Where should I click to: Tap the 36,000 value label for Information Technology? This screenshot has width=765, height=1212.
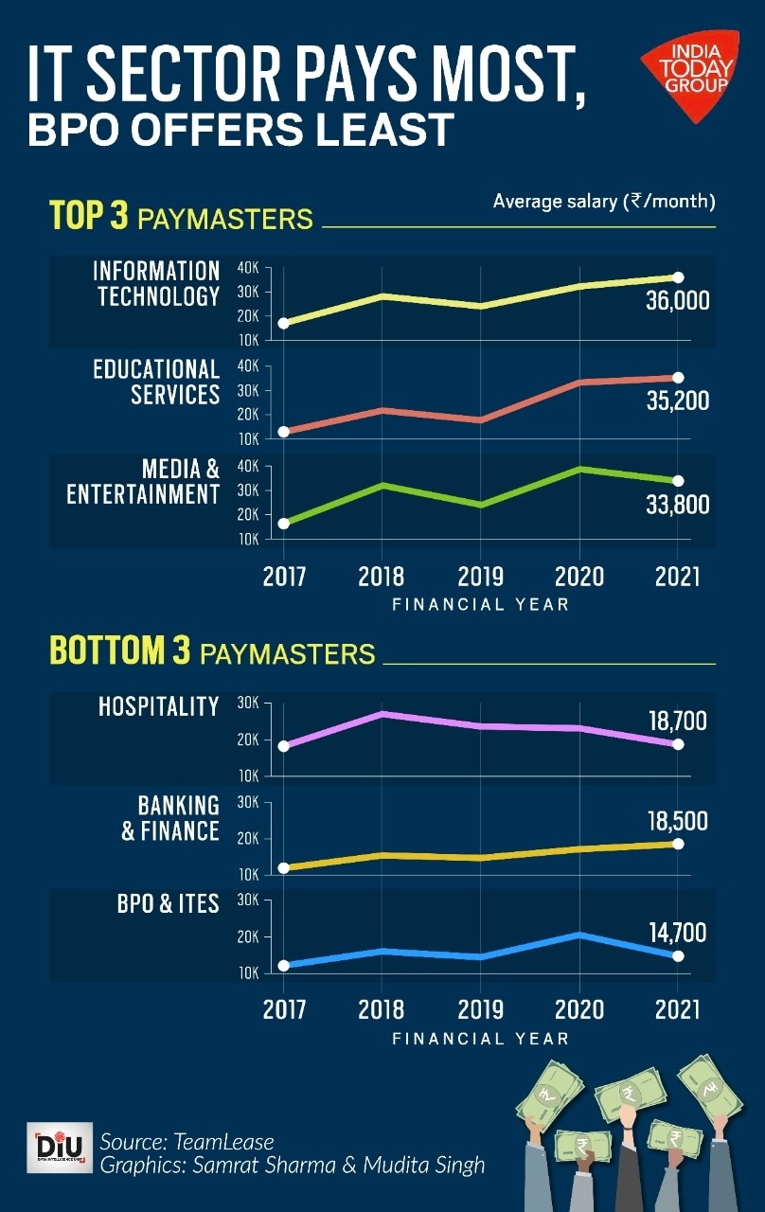pos(676,303)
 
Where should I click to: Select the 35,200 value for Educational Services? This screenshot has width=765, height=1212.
pos(676,401)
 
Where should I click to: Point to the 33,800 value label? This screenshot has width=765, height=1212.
pos(676,505)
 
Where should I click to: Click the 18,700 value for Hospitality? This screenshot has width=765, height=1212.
pos(678,722)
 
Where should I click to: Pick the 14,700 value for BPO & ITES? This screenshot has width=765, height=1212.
pos(678,933)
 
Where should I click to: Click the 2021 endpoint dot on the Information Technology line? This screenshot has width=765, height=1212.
pos(678,277)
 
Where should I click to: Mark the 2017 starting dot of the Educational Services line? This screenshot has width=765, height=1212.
pos(283,432)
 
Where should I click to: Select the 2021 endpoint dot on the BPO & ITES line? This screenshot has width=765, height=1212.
pos(678,956)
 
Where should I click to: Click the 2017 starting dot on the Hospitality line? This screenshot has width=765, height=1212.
pos(283,746)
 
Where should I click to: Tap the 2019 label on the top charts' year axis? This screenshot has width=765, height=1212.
pos(480,577)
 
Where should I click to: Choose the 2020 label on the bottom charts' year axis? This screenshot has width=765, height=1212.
pos(579,1008)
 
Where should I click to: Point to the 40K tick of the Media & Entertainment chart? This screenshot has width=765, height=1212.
pos(249,467)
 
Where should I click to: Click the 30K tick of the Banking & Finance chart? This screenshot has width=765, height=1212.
pos(248,803)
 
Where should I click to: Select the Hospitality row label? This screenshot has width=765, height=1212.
pos(158,706)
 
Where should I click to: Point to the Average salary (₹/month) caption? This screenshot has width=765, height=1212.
pos(604,202)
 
